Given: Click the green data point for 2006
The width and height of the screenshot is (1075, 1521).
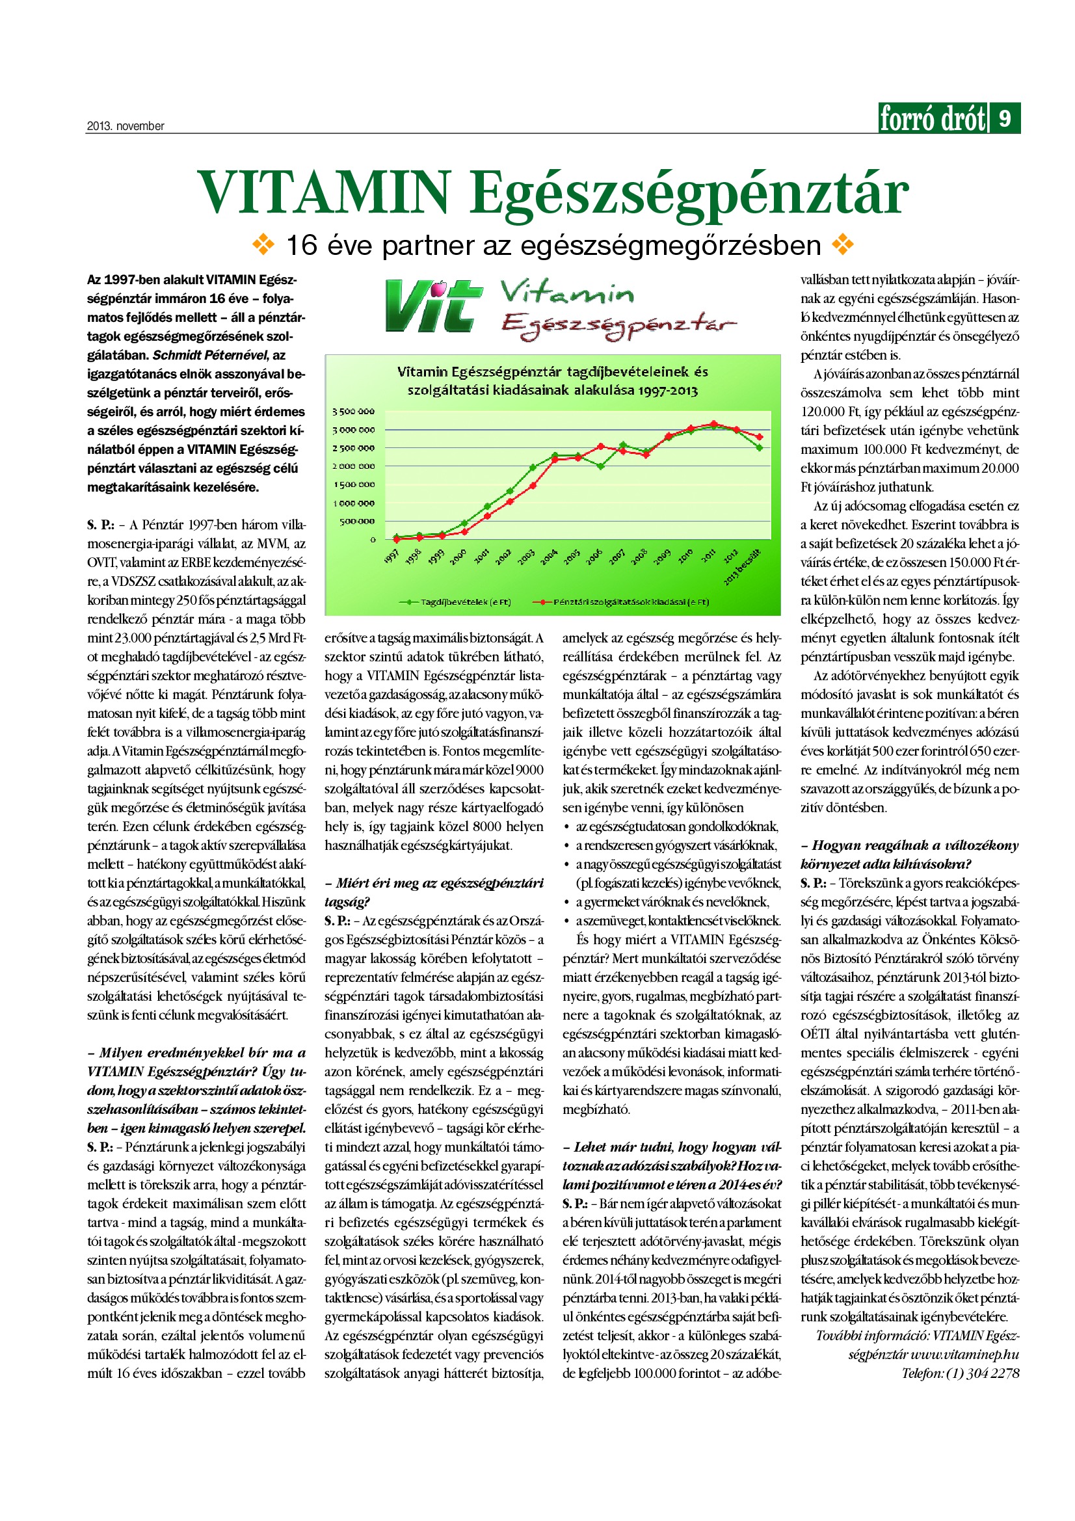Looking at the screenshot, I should point(600,466).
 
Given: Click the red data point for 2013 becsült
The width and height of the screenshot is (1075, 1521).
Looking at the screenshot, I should point(760,437).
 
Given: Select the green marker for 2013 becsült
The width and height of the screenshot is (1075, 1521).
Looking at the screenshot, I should point(760,448).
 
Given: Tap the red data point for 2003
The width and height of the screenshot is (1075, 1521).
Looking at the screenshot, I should point(533,486).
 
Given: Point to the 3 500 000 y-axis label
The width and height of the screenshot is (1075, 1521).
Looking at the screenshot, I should point(353,412).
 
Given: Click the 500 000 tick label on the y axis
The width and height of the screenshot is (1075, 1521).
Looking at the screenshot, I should point(357,522).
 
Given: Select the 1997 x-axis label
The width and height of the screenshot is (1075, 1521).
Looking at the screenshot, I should point(392,557).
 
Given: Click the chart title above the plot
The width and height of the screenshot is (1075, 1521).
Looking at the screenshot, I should point(552,381).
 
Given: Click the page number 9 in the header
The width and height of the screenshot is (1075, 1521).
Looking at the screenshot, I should point(1005,118).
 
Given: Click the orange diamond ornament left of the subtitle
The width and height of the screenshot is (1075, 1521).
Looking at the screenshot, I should point(263,245).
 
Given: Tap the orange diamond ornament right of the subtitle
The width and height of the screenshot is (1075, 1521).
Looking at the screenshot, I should point(843,245).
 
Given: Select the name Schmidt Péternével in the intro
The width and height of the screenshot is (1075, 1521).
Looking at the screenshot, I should point(211,355).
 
